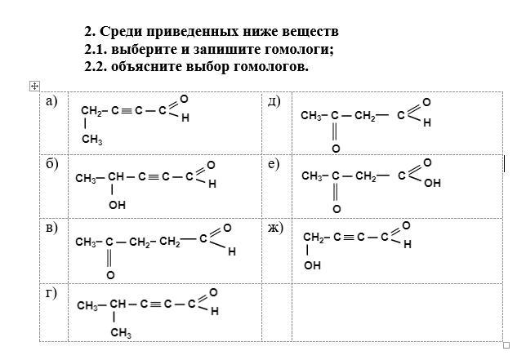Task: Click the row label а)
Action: pyautogui.click(x=51, y=100)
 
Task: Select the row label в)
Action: pyautogui.click(x=51, y=227)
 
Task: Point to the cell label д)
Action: pyautogui.click(x=274, y=100)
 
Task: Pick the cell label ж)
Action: pyautogui.click(x=275, y=227)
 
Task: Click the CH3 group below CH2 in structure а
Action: pyautogui.click(x=91, y=140)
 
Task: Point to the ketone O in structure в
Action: pyautogui.click(x=109, y=275)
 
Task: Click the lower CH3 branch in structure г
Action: pyautogui.click(x=121, y=332)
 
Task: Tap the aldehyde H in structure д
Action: pyautogui.click(x=426, y=123)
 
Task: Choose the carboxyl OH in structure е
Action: pyautogui.click(x=432, y=184)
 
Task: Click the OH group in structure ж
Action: pyautogui.click(x=313, y=265)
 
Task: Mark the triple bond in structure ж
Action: pyautogui.click(x=349, y=238)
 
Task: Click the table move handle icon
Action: pyautogui.click(x=33, y=86)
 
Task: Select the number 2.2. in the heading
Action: pyautogui.click(x=98, y=66)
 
